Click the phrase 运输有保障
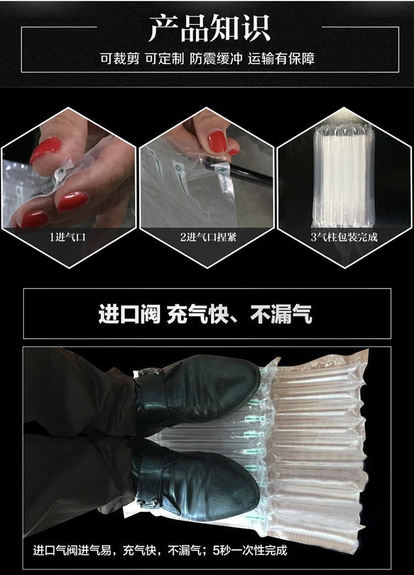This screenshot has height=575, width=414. [x=281, y=58]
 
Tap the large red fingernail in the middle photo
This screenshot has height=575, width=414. [x=217, y=141]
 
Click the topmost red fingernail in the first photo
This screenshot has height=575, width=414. [x=46, y=149]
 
